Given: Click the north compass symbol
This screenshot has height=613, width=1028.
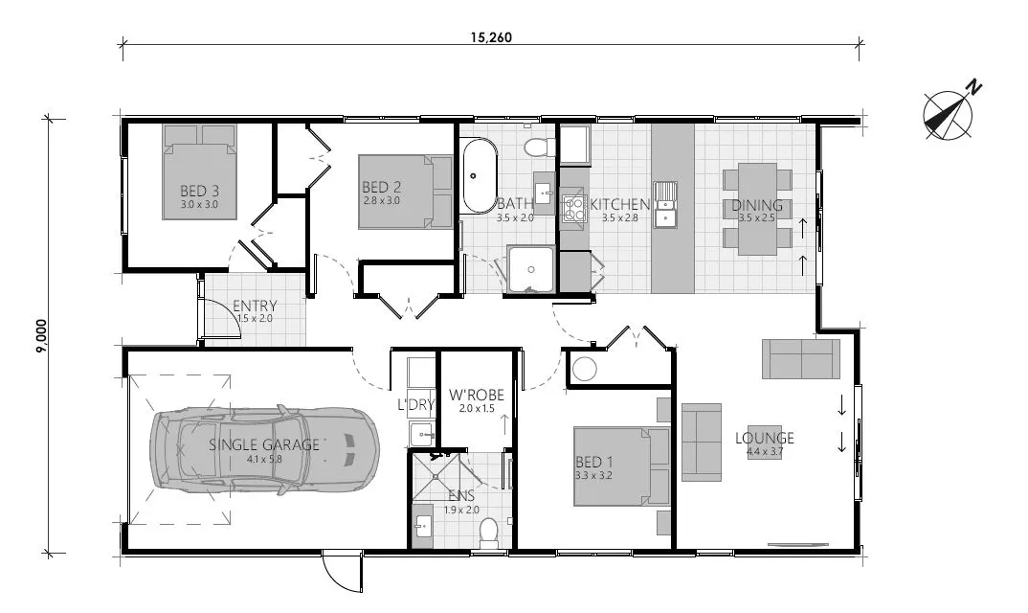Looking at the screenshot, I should click(948, 112).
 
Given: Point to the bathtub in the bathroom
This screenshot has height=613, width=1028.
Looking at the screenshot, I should click(478, 177).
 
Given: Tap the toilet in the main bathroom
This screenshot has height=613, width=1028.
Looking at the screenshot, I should click(540, 145).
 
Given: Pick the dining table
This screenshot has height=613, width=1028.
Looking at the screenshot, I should click(757, 207).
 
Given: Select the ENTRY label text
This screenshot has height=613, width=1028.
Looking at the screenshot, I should click(255, 306).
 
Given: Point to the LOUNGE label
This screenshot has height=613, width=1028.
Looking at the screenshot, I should click(764, 439).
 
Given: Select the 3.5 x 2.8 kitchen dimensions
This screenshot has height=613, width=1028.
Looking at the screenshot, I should click(620, 218).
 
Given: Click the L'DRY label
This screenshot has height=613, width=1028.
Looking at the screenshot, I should click(416, 405).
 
